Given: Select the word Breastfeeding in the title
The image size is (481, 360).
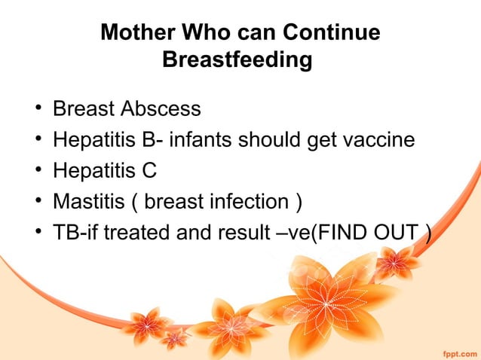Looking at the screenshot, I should (x=237, y=59).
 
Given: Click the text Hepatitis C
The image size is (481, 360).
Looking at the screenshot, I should (x=104, y=171).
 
